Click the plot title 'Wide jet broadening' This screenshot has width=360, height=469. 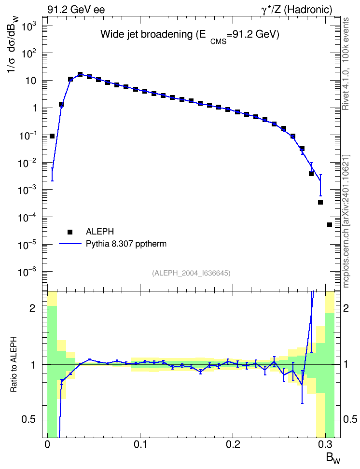pos(146,34)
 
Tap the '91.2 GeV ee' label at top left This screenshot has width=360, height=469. pos(76,10)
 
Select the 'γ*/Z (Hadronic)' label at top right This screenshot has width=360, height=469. pos(297,10)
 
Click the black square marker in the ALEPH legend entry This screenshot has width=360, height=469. pos(70,232)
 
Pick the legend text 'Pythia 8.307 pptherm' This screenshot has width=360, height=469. pos(126,244)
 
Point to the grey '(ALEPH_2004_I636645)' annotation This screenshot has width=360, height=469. pos(191,273)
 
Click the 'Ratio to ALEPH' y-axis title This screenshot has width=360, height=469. pos(14,364)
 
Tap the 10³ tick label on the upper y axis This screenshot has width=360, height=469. pos(29,27)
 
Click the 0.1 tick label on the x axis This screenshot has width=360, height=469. pos(140,444)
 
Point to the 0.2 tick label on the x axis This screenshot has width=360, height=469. pos(233,444)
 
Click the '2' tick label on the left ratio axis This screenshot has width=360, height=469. pos(32,308)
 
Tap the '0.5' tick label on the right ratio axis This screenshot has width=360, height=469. pos(350,419)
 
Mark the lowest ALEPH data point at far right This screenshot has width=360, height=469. pos(330,225)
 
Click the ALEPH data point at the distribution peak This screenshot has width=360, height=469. pos(80,74)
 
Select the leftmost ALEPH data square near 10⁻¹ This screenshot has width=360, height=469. pos(52,136)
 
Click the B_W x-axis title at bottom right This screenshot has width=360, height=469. pos(333,458)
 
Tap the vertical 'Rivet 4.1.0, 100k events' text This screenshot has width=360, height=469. pos(346,64)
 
